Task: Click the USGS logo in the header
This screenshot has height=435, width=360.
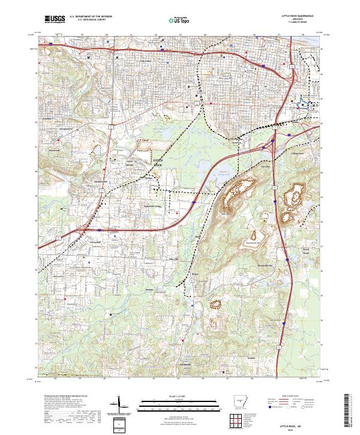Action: tap(55, 20)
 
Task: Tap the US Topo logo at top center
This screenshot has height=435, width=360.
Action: tap(179, 20)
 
